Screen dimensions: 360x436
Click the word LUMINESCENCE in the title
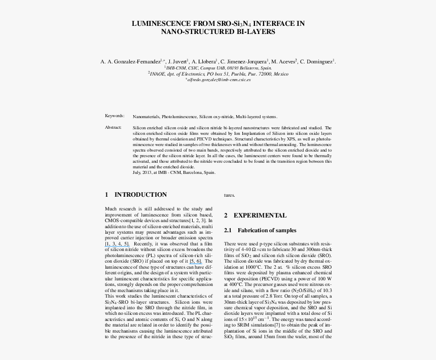tap(157, 23)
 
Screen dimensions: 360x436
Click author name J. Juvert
tap(178, 61)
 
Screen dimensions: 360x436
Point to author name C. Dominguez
tap(317, 61)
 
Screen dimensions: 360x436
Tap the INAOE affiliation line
tap(218, 74)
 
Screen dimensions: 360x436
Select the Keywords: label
tap(115, 116)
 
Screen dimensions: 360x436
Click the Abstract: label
tap(113, 127)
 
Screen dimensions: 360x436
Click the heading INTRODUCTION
tap(140, 195)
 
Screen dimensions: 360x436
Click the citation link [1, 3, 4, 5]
tap(117, 244)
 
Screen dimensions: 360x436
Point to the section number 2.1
tap(228, 231)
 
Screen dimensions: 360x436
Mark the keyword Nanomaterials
tap(146, 117)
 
